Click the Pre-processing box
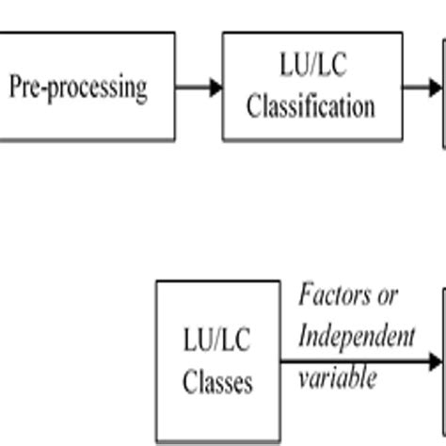tap(85, 87)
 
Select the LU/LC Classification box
tap(311, 87)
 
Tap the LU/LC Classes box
tap(217, 361)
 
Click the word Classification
tap(311, 105)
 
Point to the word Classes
tap(217, 383)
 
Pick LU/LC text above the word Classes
tap(217, 341)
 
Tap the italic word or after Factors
tap(386, 295)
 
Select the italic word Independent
tap(357, 336)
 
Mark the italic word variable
tap(338, 377)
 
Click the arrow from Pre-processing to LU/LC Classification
tap(198, 88)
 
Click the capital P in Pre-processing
tap(15, 87)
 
